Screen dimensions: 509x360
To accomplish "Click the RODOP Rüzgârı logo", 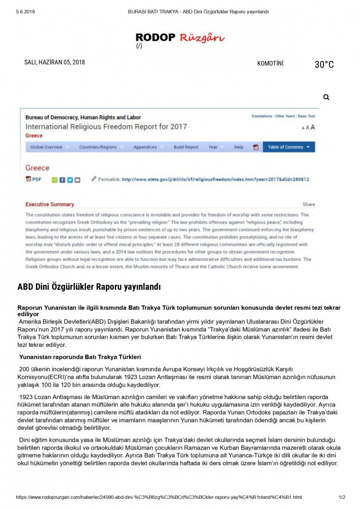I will pos(180,37).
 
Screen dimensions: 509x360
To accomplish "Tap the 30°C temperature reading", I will pos(324,65).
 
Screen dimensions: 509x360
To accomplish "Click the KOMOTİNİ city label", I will pos(270,63).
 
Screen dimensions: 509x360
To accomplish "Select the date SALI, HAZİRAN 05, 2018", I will pos(55,62).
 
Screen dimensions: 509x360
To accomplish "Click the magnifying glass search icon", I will pos(326,97).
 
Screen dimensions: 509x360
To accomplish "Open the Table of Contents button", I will pos(288,147).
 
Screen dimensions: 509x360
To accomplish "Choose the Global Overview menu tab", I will pos(47,147).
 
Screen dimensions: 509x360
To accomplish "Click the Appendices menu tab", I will pos(145,147).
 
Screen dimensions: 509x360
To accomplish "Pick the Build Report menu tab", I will pos(186,147).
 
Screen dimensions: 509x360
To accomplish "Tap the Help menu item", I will pos(239,147).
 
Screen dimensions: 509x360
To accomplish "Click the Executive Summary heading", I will pos(49,204).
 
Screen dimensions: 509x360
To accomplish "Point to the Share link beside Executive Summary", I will pos(309,204).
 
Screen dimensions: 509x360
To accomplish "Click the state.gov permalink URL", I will pos(215,179).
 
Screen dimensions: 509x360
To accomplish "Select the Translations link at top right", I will pos(262,116).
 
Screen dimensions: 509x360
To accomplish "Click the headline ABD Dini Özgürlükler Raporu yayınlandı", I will pos(89,287).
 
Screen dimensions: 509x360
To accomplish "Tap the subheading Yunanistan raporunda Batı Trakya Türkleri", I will pos(80,357).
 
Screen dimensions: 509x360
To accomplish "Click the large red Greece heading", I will pos(37,168).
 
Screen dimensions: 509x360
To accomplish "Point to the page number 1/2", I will pos(342,497).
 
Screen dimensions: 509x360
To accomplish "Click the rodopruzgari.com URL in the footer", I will pos(159,497).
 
